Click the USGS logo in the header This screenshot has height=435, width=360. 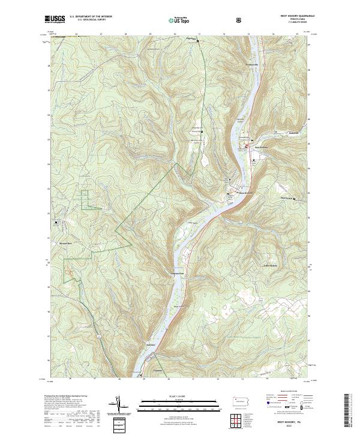tap(55, 19)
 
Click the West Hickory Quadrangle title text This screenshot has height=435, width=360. tap(294, 16)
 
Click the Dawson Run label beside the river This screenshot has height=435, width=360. tap(174, 273)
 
